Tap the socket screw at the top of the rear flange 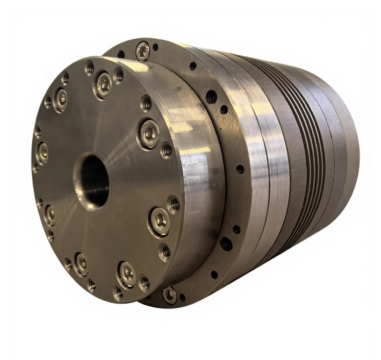point(143,51)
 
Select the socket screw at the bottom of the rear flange point(169,294)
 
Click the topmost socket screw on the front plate point(103,84)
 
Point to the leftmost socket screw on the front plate point(42,154)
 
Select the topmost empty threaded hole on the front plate point(89,67)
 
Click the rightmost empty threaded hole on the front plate point(174,204)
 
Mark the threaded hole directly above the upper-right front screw point(146,103)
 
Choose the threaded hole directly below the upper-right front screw point(167,150)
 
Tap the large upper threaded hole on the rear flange point(211,97)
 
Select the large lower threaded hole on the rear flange point(226,244)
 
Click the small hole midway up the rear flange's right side point(240,169)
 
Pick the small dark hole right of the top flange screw point(156,47)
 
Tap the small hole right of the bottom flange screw point(183,297)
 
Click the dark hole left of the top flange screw point(121,54)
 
